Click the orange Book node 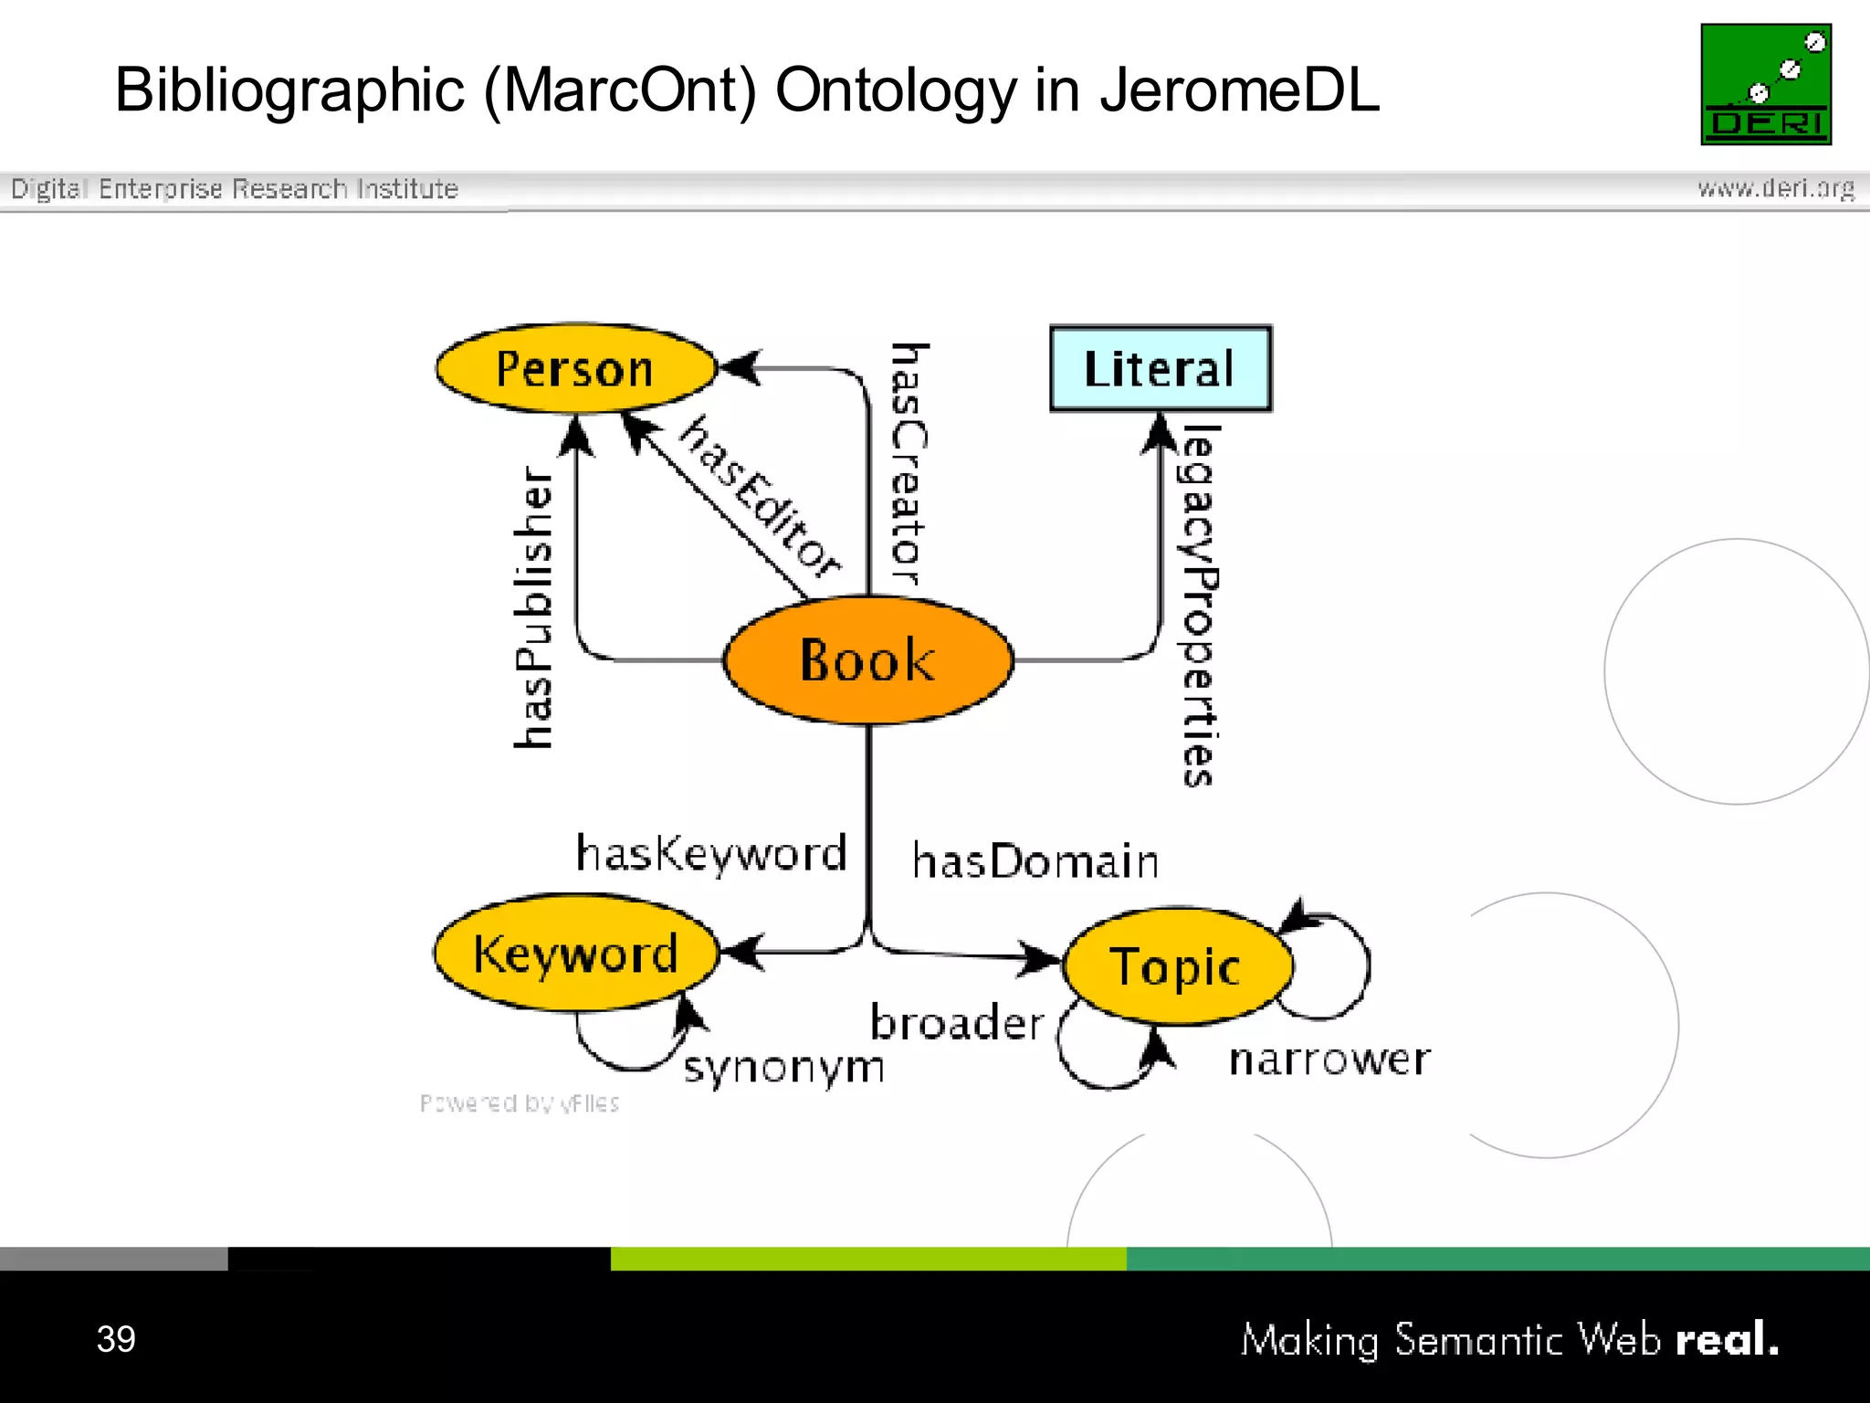[x=867, y=660]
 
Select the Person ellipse [x=575, y=369]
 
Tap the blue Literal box [x=1160, y=369]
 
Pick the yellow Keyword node [x=575, y=954]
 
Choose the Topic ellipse [x=1176, y=966]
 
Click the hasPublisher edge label [x=533, y=607]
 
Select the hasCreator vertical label [x=909, y=464]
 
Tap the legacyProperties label [x=1199, y=606]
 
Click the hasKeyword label [x=711, y=854]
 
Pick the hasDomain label [x=1035, y=861]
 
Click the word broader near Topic [x=956, y=1022]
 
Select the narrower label [x=1329, y=1060]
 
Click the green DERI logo [x=1765, y=84]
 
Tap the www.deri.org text [x=1775, y=188]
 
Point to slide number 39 [x=116, y=1339]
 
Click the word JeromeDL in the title [x=1239, y=90]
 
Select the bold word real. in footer [x=1727, y=1340]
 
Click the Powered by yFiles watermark [x=520, y=1103]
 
